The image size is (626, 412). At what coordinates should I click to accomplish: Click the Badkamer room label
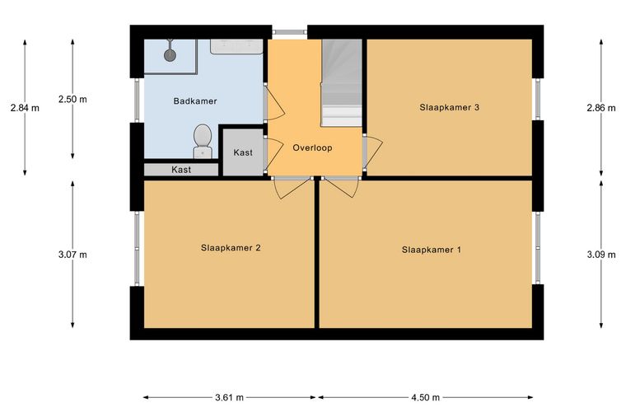[195, 101]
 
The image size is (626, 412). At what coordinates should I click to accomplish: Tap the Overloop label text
[312, 147]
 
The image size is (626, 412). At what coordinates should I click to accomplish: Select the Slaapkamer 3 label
[449, 107]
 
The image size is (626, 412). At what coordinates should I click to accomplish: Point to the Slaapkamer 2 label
[231, 248]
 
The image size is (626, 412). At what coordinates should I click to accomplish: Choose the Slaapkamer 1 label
[431, 250]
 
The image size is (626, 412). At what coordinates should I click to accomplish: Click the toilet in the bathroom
[203, 142]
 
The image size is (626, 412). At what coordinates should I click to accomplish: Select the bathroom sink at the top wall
[236, 46]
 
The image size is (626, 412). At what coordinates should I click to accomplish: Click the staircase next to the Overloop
[342, 82]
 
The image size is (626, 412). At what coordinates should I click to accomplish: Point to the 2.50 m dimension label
[72, 99]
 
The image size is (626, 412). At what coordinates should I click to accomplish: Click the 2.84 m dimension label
[25, 108]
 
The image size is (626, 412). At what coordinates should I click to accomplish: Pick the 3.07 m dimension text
[72, 255]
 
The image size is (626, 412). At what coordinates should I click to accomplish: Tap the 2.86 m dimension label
[600, 108]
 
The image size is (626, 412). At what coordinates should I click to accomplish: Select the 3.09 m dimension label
[600, 255]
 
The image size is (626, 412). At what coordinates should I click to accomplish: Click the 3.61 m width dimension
[229, 398]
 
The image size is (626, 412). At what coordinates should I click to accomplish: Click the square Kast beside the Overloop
[243, 152]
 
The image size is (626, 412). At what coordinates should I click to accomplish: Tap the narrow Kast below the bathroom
[181, 170]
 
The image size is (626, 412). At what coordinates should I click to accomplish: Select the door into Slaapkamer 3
[372, 152]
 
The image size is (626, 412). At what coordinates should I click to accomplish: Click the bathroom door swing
[275, 102]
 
